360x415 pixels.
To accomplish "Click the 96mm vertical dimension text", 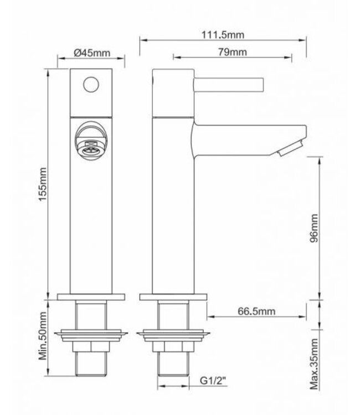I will (x=315, y=228).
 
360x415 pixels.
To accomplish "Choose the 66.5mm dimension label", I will (x=256, y=312).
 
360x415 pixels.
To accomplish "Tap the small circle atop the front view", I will (x=91, y=85).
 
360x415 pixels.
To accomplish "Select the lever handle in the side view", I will (x=227, y=85).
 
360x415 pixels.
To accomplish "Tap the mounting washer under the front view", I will (x=91, y=335).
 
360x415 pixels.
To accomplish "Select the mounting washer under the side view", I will (x=174, y=335).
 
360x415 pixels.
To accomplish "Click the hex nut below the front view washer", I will (x=91, y=347).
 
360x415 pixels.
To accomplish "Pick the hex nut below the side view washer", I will (x=174, y=347).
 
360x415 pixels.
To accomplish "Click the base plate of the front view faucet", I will (x=91, y=297).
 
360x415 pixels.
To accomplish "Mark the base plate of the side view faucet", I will (x=174, y=297).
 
